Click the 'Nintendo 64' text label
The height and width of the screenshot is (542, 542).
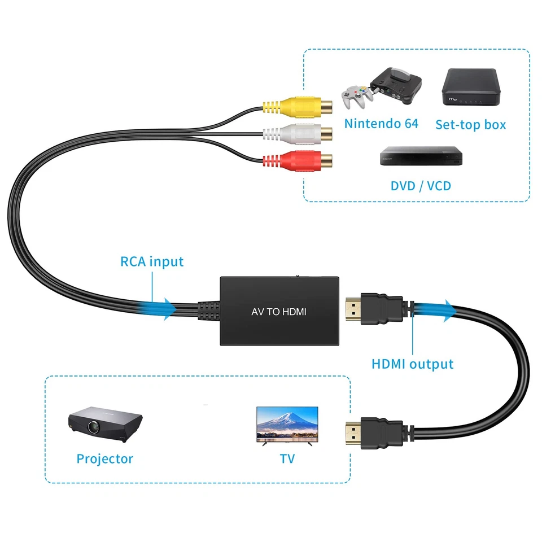pos(381,124)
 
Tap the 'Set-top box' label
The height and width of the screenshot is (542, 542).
pos(470,124)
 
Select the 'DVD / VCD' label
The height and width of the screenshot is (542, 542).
pos(421,185)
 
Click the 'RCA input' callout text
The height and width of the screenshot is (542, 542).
pos(152,262)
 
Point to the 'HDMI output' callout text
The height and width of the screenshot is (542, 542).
pos(412,364)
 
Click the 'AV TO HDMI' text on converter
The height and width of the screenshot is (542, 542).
pos(278,312)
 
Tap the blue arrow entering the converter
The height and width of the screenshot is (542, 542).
pos(164,309)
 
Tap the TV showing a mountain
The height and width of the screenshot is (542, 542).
pos(287,426)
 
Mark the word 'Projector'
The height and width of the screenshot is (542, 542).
pos(105,459)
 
